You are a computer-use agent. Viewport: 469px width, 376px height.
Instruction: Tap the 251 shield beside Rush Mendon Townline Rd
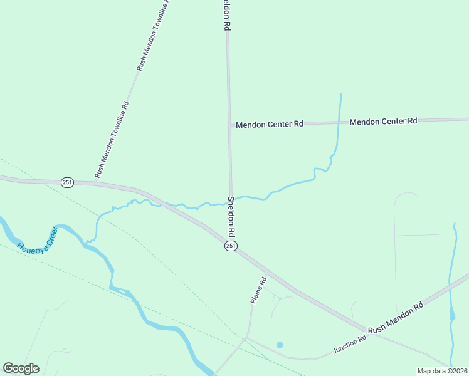(68, 182)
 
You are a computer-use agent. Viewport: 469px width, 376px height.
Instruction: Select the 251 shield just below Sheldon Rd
(231, 246)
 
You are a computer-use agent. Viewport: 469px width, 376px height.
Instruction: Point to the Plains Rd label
(258, 291)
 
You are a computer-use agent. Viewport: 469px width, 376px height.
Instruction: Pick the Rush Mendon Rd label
(396, 319)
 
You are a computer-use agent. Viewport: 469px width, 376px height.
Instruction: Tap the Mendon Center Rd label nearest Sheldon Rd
(270, 125)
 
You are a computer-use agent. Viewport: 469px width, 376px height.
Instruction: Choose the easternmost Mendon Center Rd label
(383, 122)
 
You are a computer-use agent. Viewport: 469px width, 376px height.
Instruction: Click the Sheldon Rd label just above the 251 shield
(231, 216)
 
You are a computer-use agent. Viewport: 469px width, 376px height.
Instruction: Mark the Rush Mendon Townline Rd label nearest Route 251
(112, 140)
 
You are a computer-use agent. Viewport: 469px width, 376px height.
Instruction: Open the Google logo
(21, 368)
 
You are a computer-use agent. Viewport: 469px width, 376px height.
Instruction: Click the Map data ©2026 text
(442, 371)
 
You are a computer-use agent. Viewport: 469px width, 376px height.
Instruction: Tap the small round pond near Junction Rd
(280, 345)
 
